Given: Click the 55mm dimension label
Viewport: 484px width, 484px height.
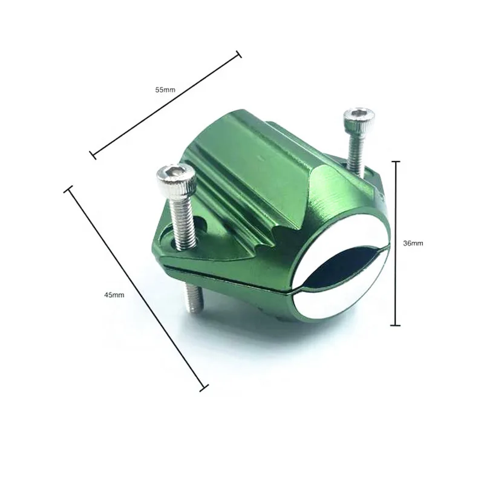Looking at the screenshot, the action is click(165, 90).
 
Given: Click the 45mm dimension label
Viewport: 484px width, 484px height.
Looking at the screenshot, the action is click(114, 295).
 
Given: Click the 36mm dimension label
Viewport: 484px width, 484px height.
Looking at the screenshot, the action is click(413, 243).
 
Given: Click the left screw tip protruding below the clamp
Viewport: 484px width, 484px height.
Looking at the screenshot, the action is click(194, 298).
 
